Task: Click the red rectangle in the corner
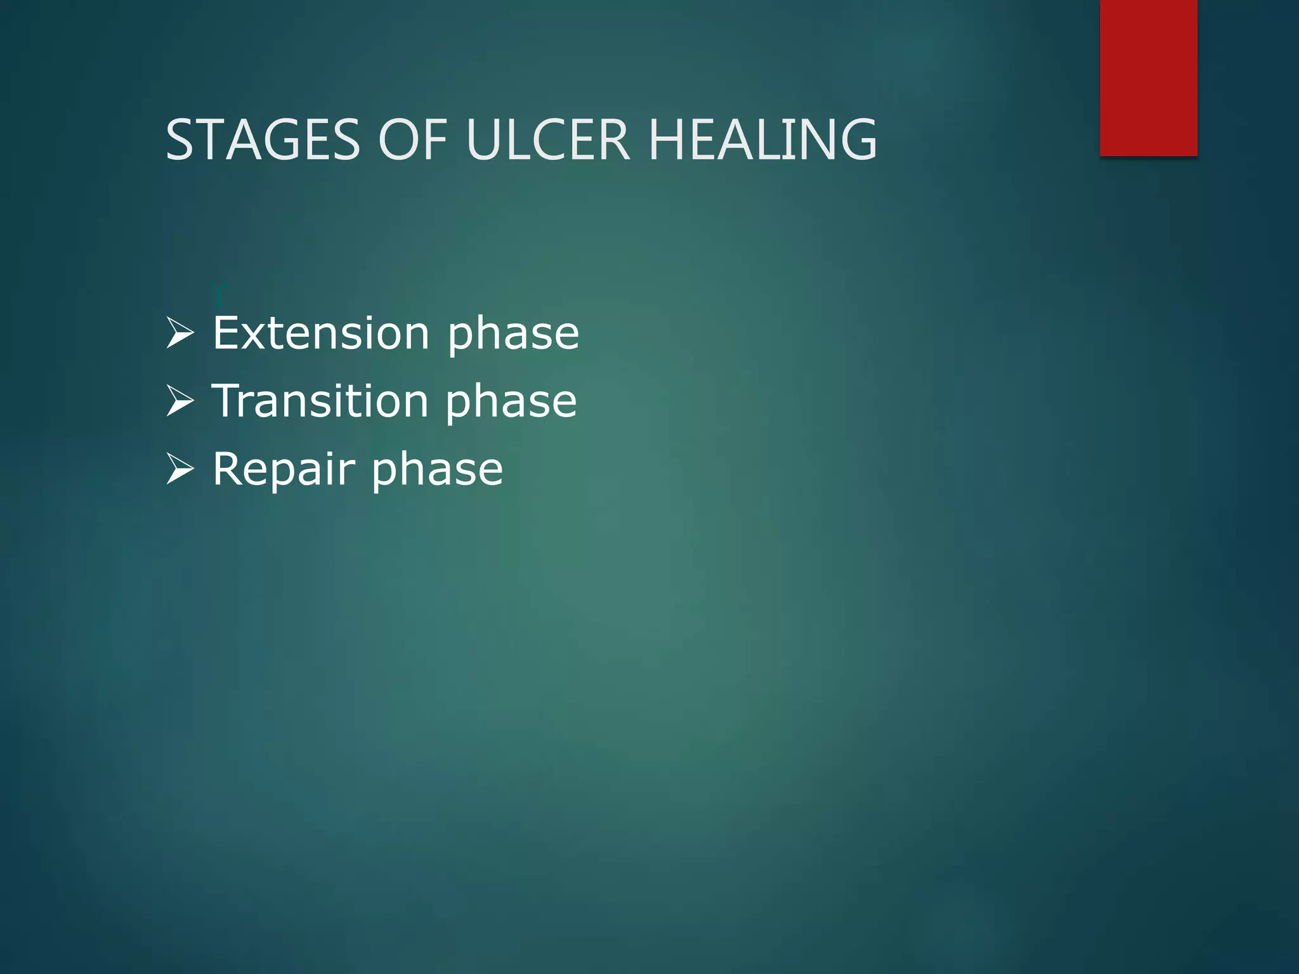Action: pyautogui.click(x=1148, y=77)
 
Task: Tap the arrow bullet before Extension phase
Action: pyautogui.click(x=180, y=334)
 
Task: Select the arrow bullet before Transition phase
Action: pyautogui.click(x=180, y=401)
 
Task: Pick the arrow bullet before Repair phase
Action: pyautogui.click(x=180, y=469)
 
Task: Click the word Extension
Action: pyautogui.click(x=321, y=334)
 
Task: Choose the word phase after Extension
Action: pyautogui.click(x=513, y=336)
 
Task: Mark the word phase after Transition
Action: pyautogui.click(x=511, y=405)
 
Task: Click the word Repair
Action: pyautogui.click(x=284, y=471)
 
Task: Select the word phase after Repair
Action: pyautogui.click(x=437, y=473)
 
